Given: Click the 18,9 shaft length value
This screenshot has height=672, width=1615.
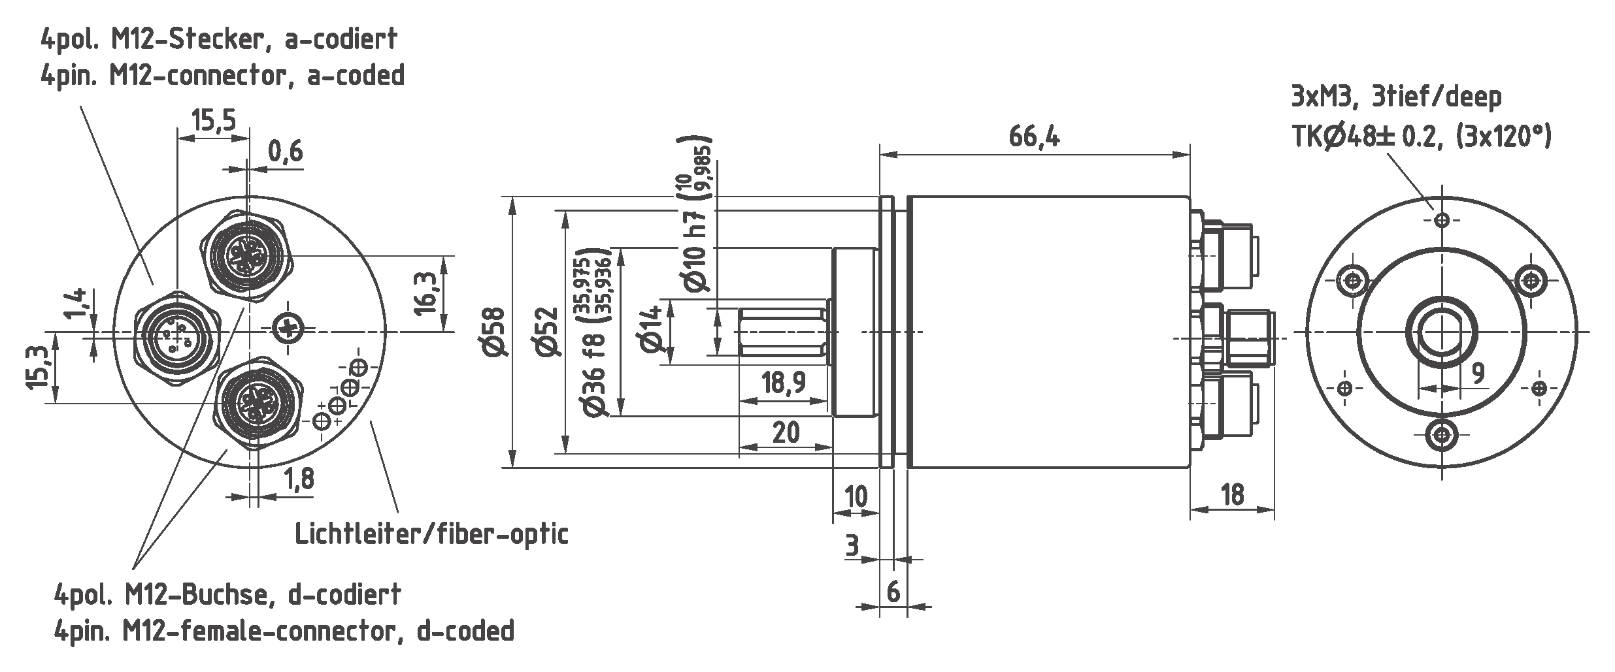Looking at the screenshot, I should click(x=783, y=382).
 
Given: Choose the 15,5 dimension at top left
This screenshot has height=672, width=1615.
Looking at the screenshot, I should click(x=213, y=121).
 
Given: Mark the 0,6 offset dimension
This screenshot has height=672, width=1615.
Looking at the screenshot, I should click(x=286, y=152).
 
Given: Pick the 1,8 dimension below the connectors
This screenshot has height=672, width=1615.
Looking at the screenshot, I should click(x=299, y=479).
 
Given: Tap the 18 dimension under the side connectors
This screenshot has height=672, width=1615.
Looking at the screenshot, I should click(x=1231, y=494).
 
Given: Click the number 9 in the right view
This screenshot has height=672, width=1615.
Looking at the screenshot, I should click(x=1477, y=373).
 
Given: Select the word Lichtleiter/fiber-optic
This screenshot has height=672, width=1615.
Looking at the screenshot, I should click(x=431, y=534).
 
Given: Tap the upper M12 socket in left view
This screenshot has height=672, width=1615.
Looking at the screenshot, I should click(x=246, y=257).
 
